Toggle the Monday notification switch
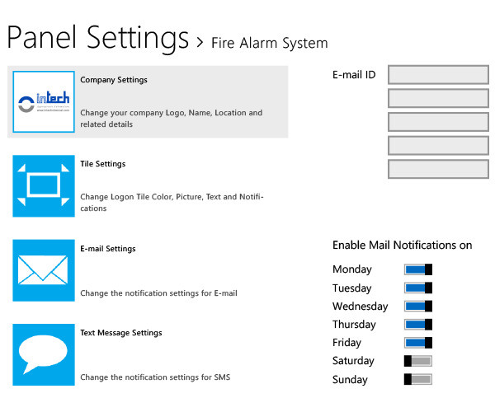pos(417,269)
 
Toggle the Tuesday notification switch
pos(417,288)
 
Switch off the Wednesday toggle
pos(417,306)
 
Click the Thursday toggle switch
pos(417,324)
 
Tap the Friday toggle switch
pos(417,342)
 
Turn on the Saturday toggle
pos(417,361)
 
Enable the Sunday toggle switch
pos(417,379)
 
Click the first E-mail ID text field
pos(438,75)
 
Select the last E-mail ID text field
pos(438,170)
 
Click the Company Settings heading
pos(114,80)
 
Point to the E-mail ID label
pos(354,75)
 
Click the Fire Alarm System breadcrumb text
pos(269,43)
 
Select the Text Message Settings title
pos(121,333)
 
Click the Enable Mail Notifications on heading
pos(402,245)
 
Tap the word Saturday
pos(353,361)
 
